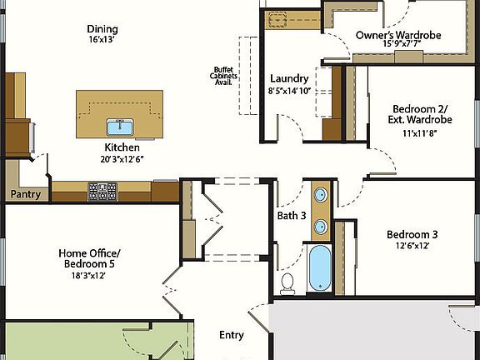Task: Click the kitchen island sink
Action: coord(121,127)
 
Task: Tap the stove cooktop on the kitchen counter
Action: coord(103,192)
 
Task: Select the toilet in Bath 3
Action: coord(288,283)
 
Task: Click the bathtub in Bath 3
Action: coord(320,267)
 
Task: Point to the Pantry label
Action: coord(25,194)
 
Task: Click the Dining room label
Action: coord(102,27)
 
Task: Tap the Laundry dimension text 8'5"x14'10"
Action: coord(290,90)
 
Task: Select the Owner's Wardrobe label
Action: coord(397,35)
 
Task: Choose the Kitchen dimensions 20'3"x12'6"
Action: coord(122,159)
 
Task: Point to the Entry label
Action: coord(232,335)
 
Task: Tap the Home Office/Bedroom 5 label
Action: coord(89,258)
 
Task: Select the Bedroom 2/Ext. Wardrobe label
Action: coord(420,114)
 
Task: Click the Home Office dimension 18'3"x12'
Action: coord(89,275)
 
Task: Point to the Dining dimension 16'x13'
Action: coord(102,39)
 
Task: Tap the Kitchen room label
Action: coord(122,147)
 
